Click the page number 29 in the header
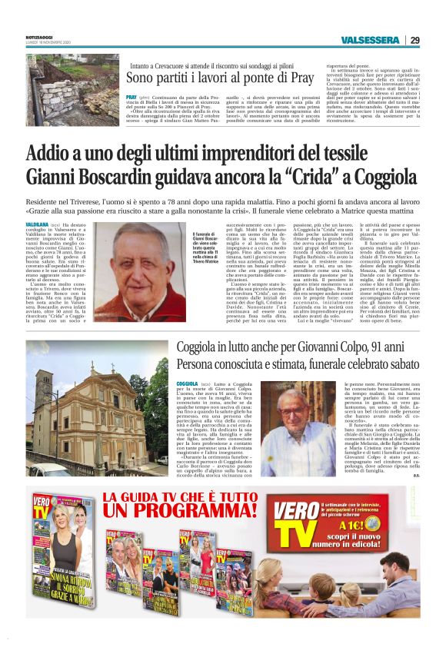point(414,41)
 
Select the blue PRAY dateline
point(131,98)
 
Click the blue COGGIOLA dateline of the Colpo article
point(188,383)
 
